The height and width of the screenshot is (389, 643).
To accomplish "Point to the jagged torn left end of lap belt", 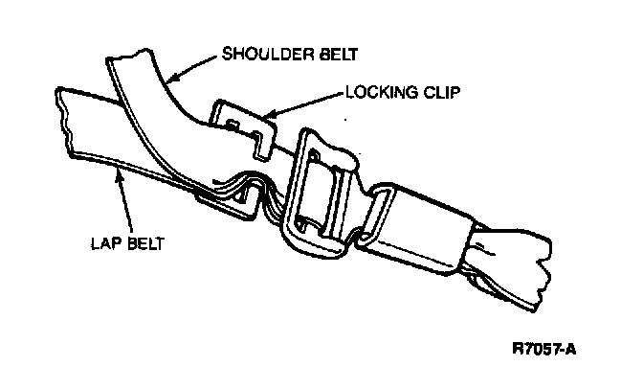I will (x=65, y=119).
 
